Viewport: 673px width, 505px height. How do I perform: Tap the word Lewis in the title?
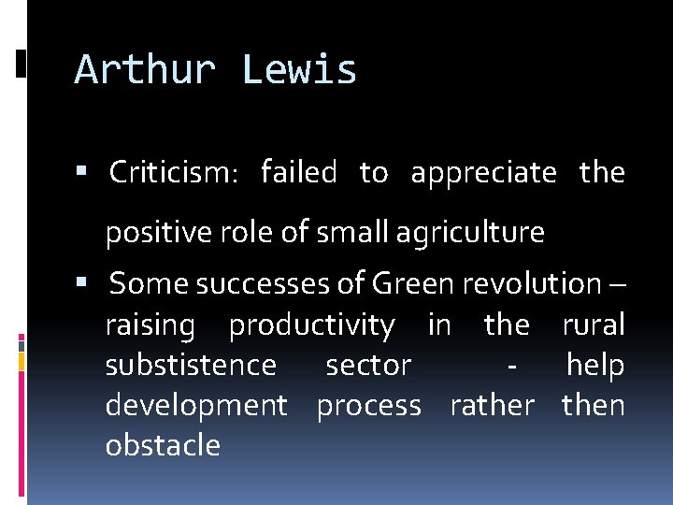pos(299,70)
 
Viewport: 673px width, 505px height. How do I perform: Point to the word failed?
pos(298,173)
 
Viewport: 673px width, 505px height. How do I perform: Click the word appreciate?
pos(483,173)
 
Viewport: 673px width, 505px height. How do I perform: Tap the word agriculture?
pos(470,232)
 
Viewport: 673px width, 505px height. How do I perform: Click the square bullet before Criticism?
pos(83,172)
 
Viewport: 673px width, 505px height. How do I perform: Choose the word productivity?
pos(311,325)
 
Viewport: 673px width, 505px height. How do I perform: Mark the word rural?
pos(593,325)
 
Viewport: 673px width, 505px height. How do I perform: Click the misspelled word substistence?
pos(191,365)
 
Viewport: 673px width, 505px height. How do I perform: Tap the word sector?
pos(368,365)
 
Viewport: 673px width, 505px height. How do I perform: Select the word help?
pos(594,365)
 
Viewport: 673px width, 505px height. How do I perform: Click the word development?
pos(196,406)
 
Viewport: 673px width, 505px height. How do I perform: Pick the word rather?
pos(492,405)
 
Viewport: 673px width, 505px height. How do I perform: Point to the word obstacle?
pos(163,445)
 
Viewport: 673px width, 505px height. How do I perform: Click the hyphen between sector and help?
pos(510,366)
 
